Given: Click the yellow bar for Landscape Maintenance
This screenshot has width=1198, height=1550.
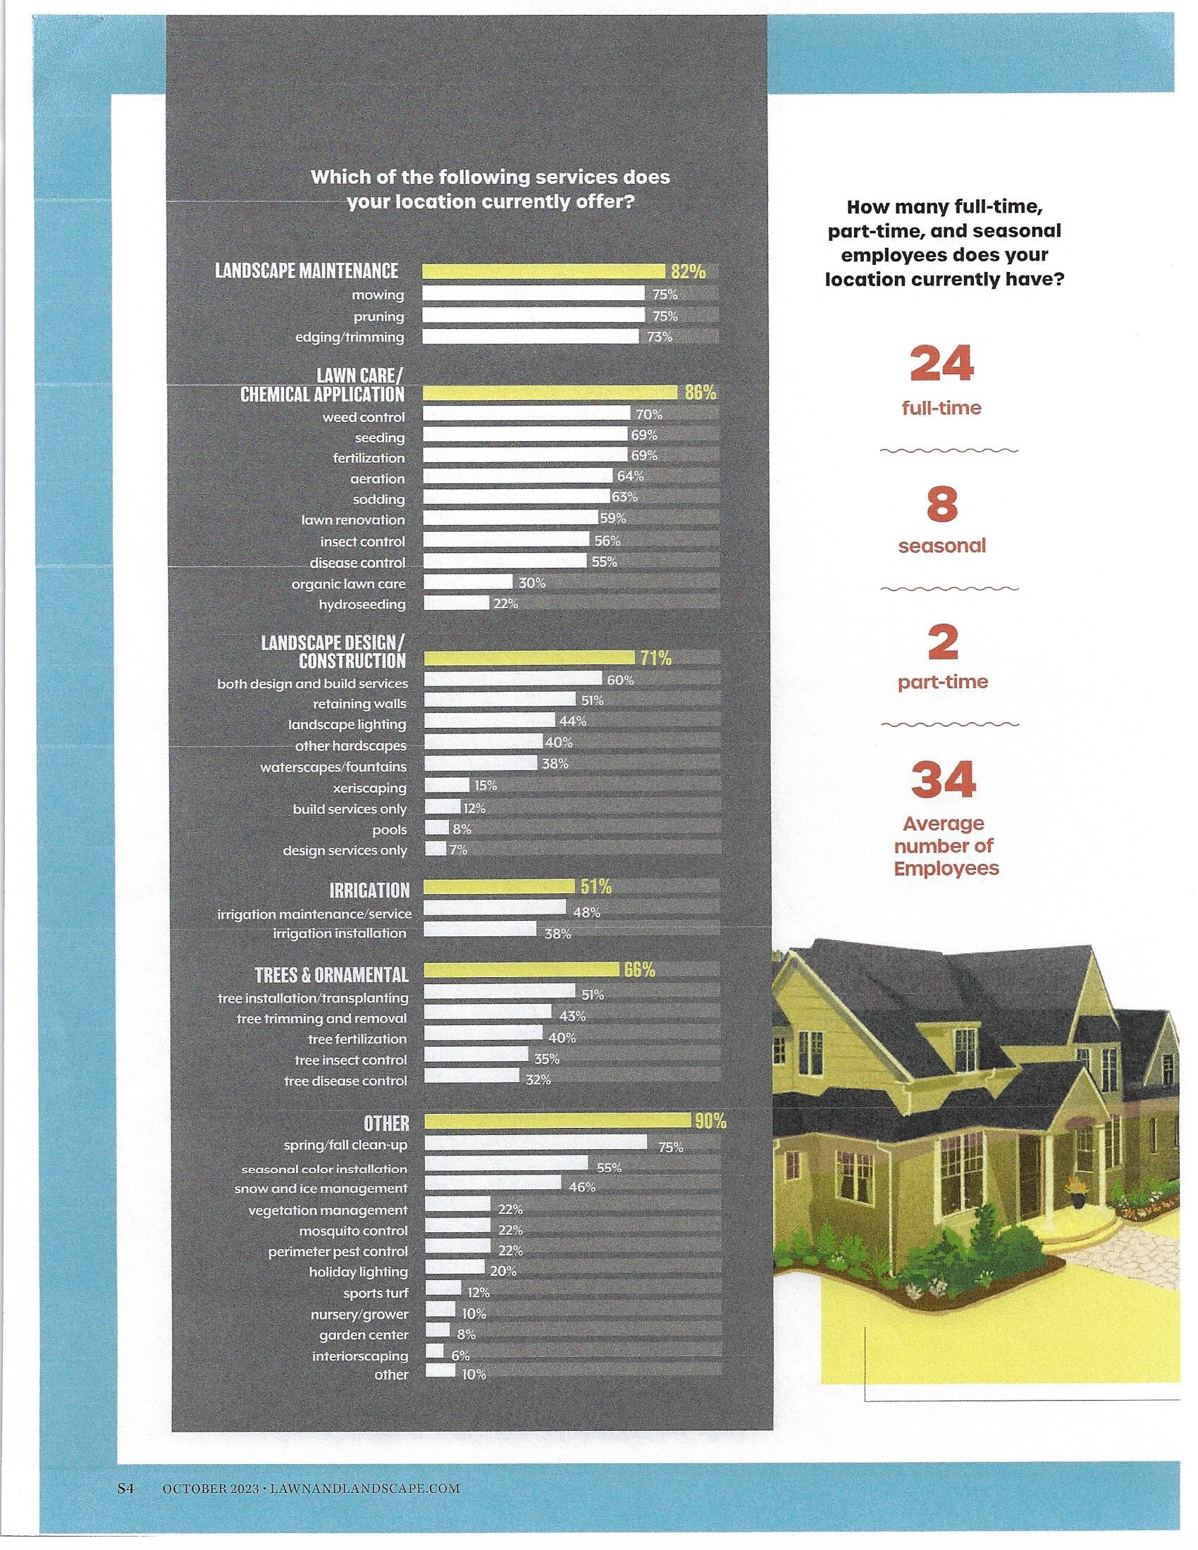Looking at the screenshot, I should (543, 272).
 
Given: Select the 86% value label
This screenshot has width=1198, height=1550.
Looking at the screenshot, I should (700, 392).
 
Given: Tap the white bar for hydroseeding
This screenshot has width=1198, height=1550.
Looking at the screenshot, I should (456, 604).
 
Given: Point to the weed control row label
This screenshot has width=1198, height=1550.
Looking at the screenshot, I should (364, 417).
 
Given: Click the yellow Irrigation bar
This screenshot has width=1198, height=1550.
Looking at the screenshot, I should (499, 886).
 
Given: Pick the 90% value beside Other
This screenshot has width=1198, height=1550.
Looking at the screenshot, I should (710, 1121).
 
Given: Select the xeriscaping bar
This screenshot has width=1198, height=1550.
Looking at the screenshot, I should (447, 786).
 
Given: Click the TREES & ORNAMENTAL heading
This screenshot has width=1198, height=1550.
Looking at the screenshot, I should (331, 974).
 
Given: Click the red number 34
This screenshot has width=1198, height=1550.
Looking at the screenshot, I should (943, 779).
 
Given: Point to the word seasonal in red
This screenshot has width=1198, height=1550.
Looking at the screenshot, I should (941, 546).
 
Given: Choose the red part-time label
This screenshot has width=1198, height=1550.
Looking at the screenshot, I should (942, 683).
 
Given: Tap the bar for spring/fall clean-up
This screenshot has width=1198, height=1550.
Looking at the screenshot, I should (536, 1143).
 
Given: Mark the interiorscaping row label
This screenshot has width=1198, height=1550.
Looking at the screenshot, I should (360, 1356).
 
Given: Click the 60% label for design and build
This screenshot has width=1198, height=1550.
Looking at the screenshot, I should (619, 680).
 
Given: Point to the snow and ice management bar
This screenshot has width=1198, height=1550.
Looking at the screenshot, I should (493, 1184).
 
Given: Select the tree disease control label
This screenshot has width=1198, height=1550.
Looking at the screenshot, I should (345, 1081).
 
